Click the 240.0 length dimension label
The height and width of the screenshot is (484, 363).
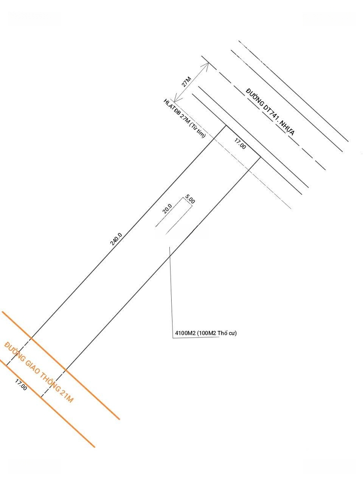point(116,239)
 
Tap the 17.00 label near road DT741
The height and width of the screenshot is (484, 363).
point(240,144)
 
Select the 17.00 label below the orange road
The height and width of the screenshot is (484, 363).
point(21,385)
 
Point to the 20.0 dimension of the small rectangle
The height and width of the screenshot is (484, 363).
point(167,209)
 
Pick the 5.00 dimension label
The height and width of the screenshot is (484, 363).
point(190,199)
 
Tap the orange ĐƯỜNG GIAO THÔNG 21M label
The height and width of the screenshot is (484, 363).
point(38,372)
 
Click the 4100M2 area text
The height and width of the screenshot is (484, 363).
point(185,333)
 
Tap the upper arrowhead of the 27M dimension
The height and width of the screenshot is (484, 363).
point(207,64)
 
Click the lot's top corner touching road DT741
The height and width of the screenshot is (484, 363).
point(225,126)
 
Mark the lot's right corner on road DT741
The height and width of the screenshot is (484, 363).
point(261,157)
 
